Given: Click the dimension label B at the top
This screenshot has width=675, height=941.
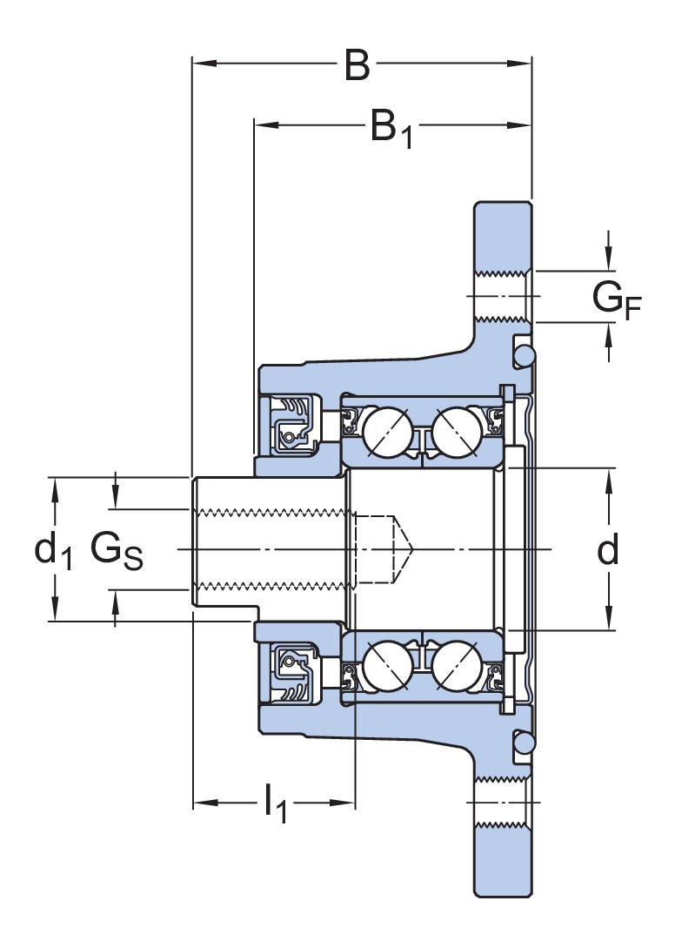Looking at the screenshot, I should click(357, 65).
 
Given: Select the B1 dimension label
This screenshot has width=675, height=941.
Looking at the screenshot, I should click(390, 128).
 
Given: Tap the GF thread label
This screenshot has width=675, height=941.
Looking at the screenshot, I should click(616, 299).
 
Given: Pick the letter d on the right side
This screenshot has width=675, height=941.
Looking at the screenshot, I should click(608, 549).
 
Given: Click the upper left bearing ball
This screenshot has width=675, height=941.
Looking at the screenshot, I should click(387, 430).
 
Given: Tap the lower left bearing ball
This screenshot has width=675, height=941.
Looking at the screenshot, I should click(387, 667).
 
